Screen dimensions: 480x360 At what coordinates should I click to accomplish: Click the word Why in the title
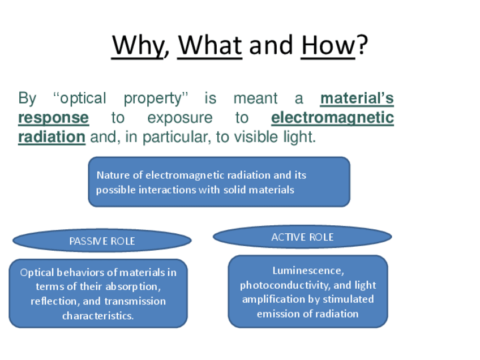tap(138, 46)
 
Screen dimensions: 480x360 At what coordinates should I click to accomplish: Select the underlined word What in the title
tap(210, 45)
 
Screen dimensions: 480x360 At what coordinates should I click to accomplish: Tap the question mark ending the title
tap(362, 45)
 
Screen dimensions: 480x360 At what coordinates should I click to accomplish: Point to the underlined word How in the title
tap(328, 45)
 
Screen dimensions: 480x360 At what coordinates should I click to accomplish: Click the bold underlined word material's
tap(357, 98)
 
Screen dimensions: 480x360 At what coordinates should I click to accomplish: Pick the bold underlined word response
tap(54, 118)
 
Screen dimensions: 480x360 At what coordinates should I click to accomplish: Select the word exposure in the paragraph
tap(180, 118)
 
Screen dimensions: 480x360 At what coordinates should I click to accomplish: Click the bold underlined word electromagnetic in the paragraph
tap(332, 118)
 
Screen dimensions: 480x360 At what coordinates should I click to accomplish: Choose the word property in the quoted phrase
tap(152, 99)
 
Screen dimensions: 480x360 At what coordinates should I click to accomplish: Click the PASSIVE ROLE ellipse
tap(102, 241)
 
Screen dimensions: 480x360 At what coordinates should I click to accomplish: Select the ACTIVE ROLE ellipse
tap(302, 237)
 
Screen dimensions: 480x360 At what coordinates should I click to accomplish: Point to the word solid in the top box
tap(234, 190)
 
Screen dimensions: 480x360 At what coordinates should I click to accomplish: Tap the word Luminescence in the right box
tap(307, 271)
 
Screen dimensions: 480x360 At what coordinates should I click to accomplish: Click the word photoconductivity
tap(284, 286)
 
